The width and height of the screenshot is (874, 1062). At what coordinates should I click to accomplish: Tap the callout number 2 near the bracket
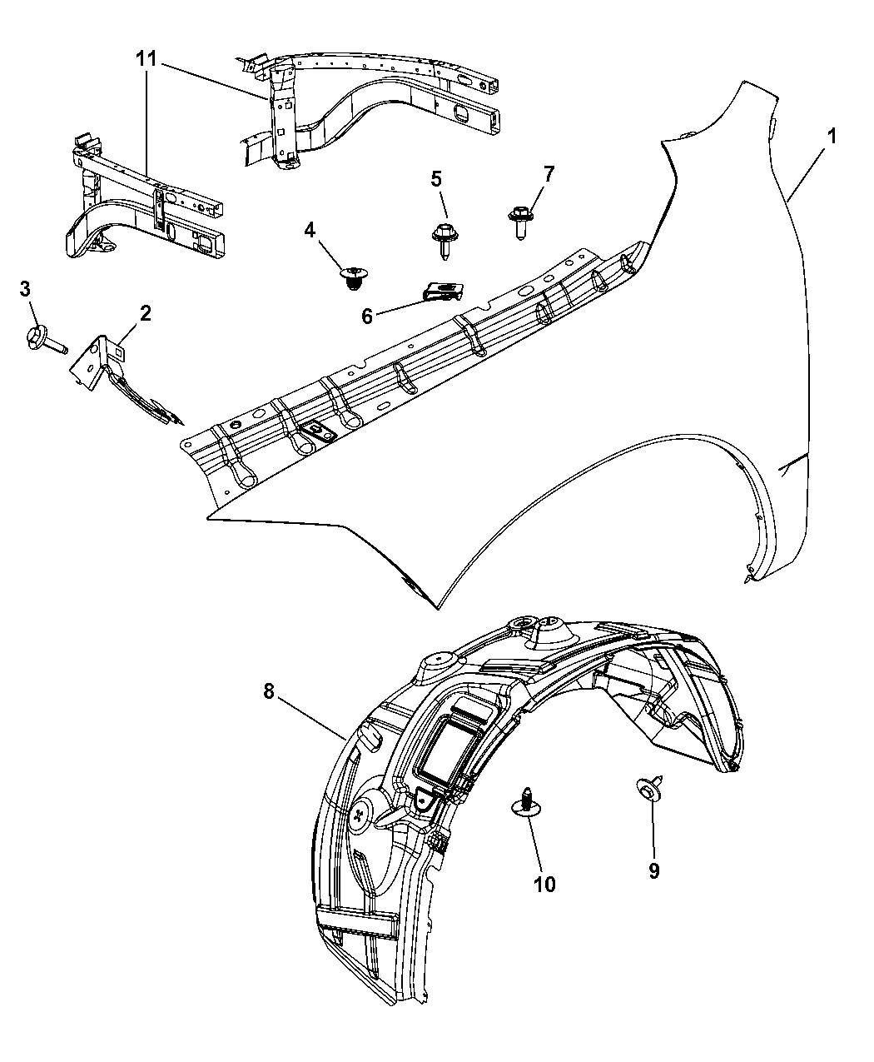[x=145, y=313]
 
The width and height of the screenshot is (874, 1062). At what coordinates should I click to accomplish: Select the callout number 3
[x=26, y=288]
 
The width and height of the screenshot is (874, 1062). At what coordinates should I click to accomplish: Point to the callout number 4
[x=309, y=231]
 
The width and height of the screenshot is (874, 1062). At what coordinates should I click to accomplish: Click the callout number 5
[x=436, y=178]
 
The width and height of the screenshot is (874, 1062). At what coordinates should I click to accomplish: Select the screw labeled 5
[x=441, y=234]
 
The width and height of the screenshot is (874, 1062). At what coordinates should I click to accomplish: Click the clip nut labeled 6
[x=439, y=291]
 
